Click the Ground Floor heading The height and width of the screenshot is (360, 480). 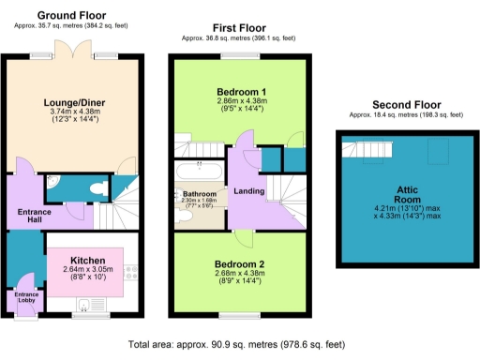click(x=70, y=16)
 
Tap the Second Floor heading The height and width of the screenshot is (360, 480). click(x=405, y=104)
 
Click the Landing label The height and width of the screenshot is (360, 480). click(x=248, y=192)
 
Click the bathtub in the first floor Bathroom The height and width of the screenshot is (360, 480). click(x=198, y=172)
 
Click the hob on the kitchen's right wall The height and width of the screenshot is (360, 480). click(x=130, y=273)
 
